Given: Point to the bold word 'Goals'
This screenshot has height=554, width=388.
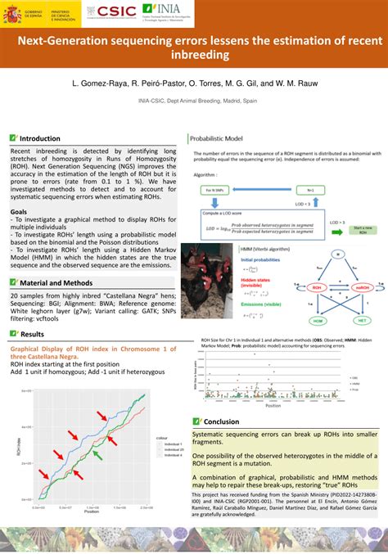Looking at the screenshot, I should click(18, 211).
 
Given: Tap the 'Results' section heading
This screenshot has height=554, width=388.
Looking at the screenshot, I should click(32, 334).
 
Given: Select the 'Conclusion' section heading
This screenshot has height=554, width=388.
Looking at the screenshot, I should click(221, 421).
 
